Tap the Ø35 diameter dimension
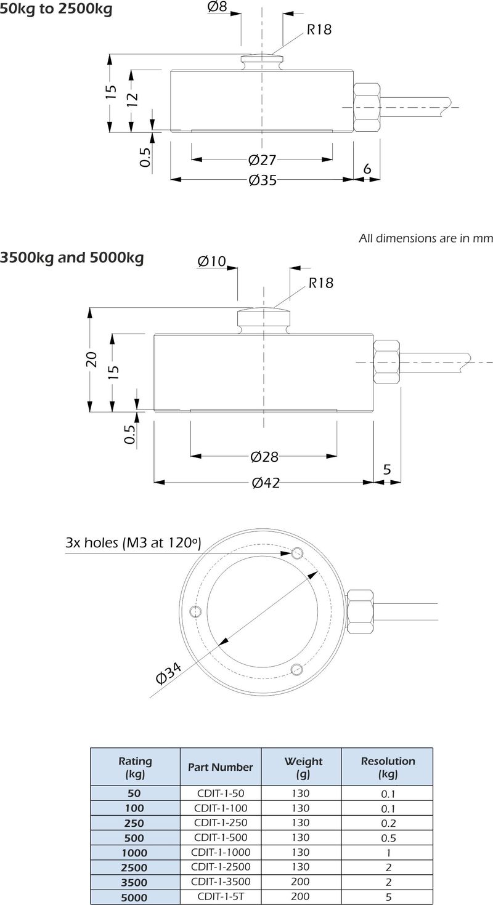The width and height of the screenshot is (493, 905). point(263,180)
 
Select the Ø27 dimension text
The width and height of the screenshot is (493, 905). point(262,160)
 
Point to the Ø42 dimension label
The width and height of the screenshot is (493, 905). point(266,483)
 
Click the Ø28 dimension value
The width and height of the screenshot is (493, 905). point(264,457)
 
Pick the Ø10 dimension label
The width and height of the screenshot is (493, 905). point(212,261)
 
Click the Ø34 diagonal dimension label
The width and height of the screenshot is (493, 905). point(169,674)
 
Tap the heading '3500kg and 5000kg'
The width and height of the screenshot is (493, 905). point(72,257)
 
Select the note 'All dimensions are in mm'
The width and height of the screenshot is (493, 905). point(426,238)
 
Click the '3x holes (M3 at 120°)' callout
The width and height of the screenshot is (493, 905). point(134,543)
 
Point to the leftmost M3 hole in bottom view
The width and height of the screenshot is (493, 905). point(197,611)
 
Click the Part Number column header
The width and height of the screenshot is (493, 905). point(220,767)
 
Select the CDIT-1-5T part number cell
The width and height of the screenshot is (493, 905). point(220,897)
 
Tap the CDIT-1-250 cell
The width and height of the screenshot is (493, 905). point(220,823)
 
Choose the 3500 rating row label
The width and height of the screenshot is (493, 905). point(134,882)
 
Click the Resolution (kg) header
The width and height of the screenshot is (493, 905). point(388,767)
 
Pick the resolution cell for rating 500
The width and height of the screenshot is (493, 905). point(388,838)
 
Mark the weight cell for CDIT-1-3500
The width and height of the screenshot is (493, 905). point(301,882)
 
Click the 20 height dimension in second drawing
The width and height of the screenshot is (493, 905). point(92,359)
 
